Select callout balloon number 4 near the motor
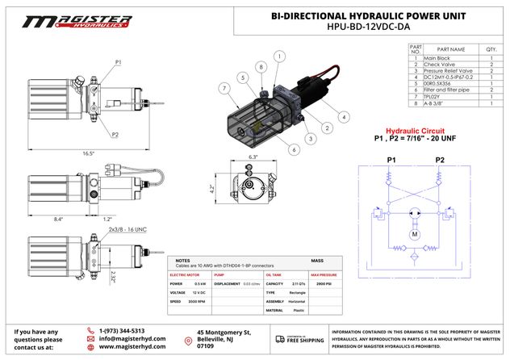[344, 117]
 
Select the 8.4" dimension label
[59, 218]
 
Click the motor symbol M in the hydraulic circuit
[414, 235]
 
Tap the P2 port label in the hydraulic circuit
[440, 159]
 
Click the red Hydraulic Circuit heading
[415, 130]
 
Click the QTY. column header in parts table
[492, 50]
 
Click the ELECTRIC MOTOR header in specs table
[186, 276]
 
